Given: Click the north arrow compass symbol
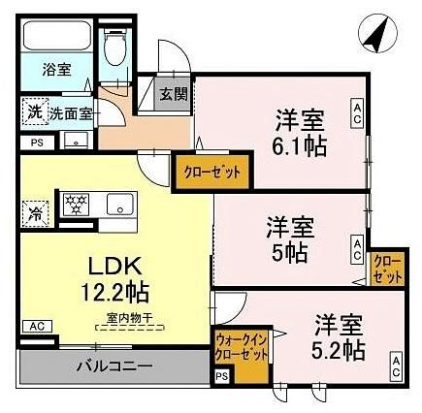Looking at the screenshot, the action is [377, 33].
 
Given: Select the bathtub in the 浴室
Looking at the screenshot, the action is [56, 36].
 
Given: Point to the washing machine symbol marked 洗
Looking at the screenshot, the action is [35, 112].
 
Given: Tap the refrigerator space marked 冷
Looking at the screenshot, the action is [35, 213].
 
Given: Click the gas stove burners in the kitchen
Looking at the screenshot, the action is [77, 204].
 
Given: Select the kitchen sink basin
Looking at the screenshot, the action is [120, 204].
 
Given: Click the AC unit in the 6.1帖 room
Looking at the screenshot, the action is [357, 113].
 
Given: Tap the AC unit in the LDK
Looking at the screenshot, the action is [38, 327].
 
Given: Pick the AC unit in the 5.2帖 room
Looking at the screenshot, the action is [396, 366].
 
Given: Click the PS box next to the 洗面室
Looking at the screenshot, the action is [37, 143].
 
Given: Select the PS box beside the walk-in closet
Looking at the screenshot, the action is [222, 376].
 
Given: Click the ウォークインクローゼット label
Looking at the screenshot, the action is [242, 347].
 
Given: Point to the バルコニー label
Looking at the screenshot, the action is [114, 366].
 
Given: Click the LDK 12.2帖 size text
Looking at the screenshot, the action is [114, 278].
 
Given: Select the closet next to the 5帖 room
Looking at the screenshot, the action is [387, 269].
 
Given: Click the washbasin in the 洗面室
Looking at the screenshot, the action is [76, 141].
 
